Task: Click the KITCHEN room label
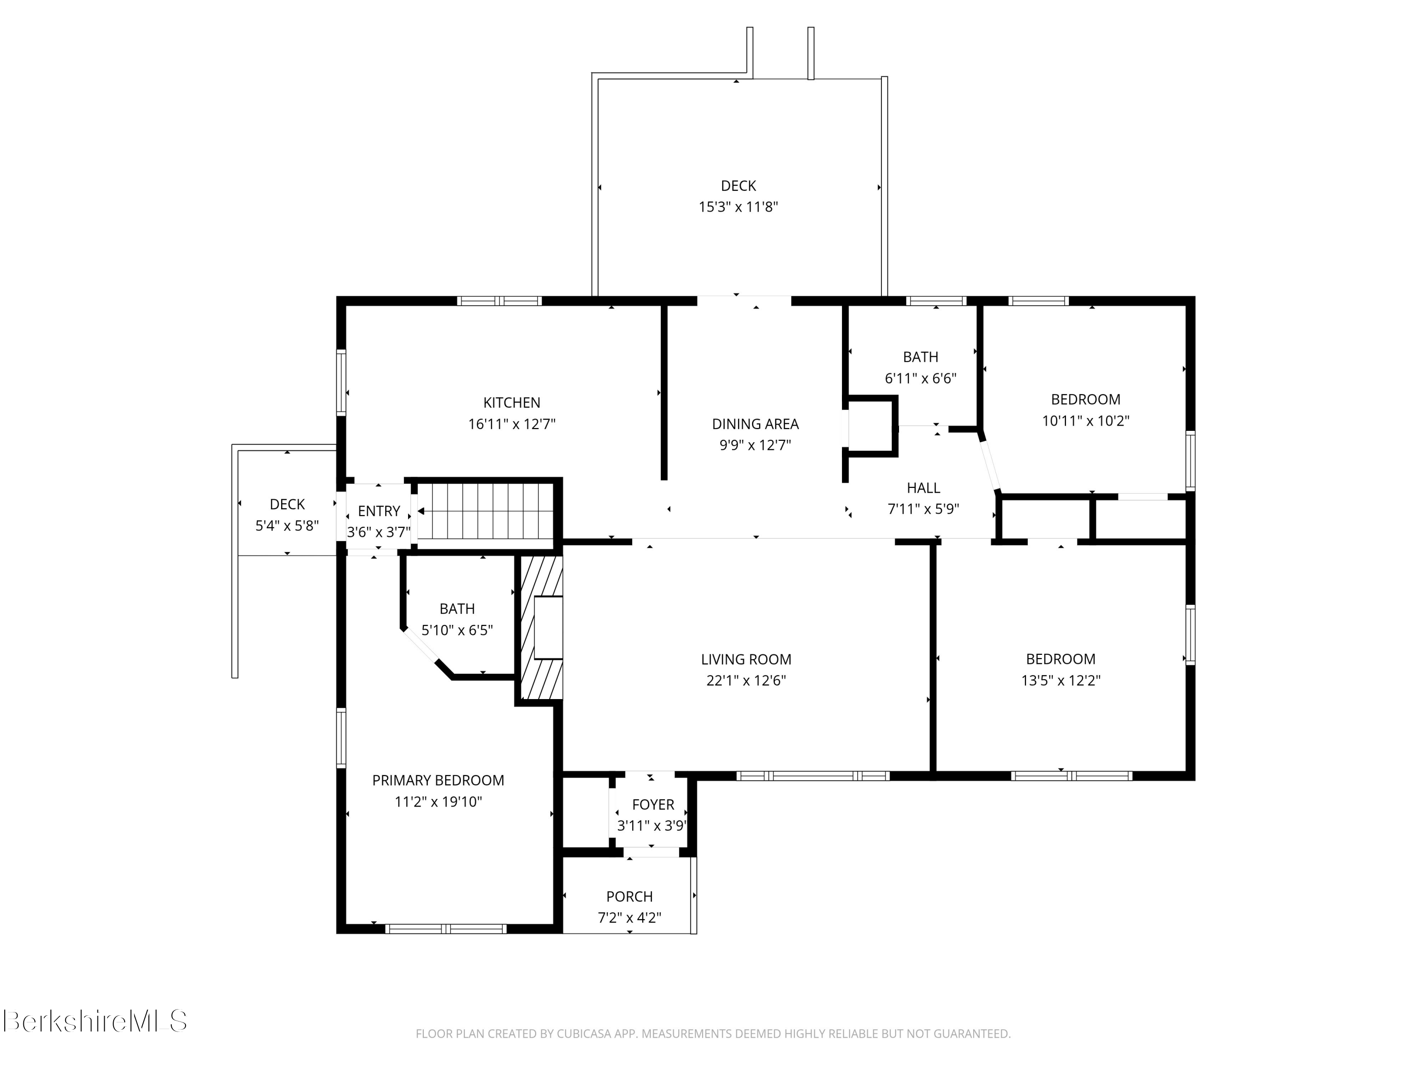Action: [x=511, y=402]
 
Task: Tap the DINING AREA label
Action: [x=755, y=424]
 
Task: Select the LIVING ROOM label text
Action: [x=746, y=659]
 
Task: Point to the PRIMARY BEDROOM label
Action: [x=438, y=780]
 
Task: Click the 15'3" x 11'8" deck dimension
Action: [x=739, y=207]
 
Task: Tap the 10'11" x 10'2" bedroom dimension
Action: [x=1086, y=420]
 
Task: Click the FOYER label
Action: [x=653, y=804]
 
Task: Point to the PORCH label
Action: [x=630, y=896]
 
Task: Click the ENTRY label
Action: [x=379, y=511]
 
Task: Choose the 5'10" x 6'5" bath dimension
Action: [x=458, y=630]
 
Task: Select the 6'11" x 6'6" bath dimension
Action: [x=920, y=379]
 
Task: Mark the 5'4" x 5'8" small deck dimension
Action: [x=287, y=525]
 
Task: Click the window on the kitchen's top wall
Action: [x=499, y=301]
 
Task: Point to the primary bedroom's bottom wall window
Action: [x=446, y=929]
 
